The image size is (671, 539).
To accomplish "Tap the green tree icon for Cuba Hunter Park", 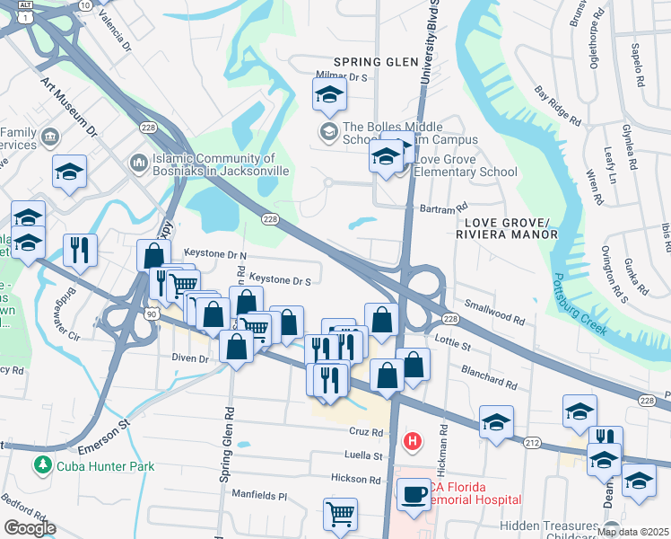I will pos(41,465).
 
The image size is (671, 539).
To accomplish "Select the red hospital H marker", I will pos(413,441).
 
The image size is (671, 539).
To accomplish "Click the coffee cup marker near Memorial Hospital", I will pos(414,495).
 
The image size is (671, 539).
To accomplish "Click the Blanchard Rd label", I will pos(489,376).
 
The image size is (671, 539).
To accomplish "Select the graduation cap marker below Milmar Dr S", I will pos(329,94).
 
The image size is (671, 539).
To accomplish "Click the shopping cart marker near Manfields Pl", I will pos(340,514).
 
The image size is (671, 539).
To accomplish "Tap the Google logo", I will pos(30,529).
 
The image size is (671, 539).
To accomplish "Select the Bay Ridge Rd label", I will pos(557,105).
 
